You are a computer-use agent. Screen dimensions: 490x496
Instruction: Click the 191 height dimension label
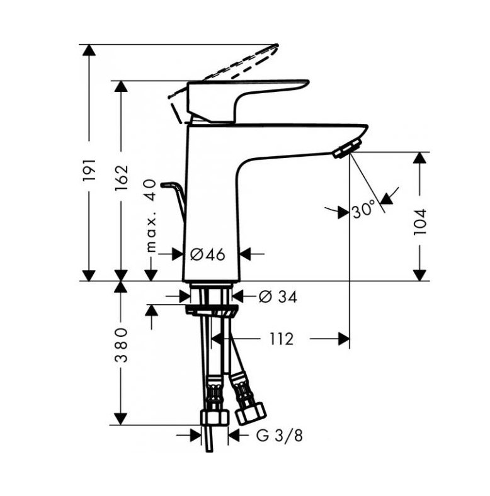pyautogui.click(x=89, y=170)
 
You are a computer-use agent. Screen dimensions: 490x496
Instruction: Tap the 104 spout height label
pyautogui.click(x=420, y=222)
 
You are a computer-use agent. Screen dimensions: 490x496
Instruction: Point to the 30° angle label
pyautogui.click(x=363, y=210)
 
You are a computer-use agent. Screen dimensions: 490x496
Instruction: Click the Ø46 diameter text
pyautogui.click(x=208, y=254)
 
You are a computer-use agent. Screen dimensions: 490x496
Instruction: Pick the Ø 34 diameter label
pyautogui.click(x=278, y=296)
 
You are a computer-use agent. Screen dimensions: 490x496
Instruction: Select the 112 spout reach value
pyautogui.click(x=282, y=339)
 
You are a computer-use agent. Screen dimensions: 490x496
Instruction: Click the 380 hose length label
pyautogui.click(x=121, y=345)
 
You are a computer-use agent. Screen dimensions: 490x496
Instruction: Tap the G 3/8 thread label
pyautogui.click(x=279, y=436)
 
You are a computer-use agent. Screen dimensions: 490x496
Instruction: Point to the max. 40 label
pyautogui.click(x=151, y=216)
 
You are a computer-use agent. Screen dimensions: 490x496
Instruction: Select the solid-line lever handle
pyautogui.click(x=241, y=101)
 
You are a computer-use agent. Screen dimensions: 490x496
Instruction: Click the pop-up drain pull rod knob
pyautogui.click(x=168, y=184)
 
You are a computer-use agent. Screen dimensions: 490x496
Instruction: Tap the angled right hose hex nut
pyautogui.click(x=251, y=413)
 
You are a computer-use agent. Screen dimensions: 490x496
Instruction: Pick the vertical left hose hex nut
pyautogui.click(x=215, y=418)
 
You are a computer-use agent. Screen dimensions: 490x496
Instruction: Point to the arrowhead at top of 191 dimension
pyautogui.click(x=89, y=50)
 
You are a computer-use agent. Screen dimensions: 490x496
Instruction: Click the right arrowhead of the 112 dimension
pyautogui.click(x=344, y=339)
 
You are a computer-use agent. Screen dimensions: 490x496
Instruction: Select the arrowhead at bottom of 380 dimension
pyautogui.click(x=121, y=419)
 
